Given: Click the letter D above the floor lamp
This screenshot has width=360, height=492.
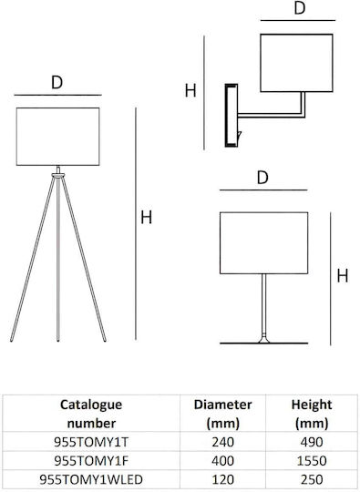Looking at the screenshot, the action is pyautogui.click(x=57, y=83).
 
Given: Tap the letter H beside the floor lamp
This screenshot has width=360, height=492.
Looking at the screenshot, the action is pyautogui.click(x=146, y=218).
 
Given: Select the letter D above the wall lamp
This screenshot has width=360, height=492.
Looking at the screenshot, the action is pyautogui.click(x=300, y=8).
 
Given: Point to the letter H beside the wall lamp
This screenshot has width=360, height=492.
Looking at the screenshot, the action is pyautogui.click(x=190, y=91).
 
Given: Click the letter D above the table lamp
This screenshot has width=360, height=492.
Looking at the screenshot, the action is pyautogui.click(x=262, y=178).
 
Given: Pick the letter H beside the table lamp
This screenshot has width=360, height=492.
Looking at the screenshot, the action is pyautogui.click(x=343, y=276).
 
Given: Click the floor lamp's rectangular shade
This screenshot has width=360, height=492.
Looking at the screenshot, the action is pyautogui.click(x=58, y=137).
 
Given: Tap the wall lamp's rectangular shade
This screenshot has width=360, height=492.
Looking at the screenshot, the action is pyautogui.click(x=296, y=63).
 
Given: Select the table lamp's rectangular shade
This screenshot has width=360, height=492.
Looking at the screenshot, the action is pyautogui.click(x=264, y=243).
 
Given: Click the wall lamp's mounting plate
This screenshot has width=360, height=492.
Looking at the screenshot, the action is pyautogui.click(x=231, y=116).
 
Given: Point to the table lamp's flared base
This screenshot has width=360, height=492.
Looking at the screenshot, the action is pyautogui.click(x=264, y=339).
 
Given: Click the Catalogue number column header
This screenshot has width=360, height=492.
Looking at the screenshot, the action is pyautogui.click(x=91, y=414).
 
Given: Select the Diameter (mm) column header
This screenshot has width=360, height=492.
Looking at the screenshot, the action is pyautogui.click(x=223, y=414).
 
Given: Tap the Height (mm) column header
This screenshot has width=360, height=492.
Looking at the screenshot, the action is pyautogui.click(x=312, y=414).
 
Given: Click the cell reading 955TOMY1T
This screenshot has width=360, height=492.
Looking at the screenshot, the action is pyautogui.click(x=91, y=442).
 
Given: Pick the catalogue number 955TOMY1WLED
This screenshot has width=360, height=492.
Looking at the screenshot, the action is pyautogui.click(x=91, y=479).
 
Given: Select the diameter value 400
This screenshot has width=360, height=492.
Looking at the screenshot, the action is pyautogui.click(x=223, y=461).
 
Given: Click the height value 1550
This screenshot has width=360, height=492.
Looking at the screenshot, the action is pyautogui.click(x=312, y=461).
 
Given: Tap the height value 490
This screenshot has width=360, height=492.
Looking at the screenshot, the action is pyautogui.click(x=312, y=442).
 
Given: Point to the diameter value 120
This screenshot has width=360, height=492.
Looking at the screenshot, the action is pyautogui.click(x=223, y=479).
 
